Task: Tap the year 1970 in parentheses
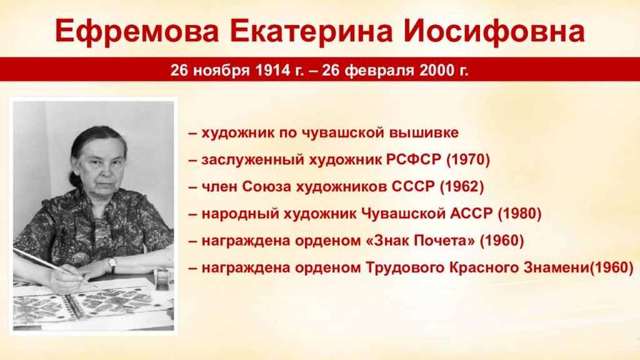tap(468, 159)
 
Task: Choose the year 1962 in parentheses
tap(462, 187)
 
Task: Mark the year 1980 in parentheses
tap(519, 214)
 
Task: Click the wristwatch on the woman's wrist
tap(112, 265)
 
